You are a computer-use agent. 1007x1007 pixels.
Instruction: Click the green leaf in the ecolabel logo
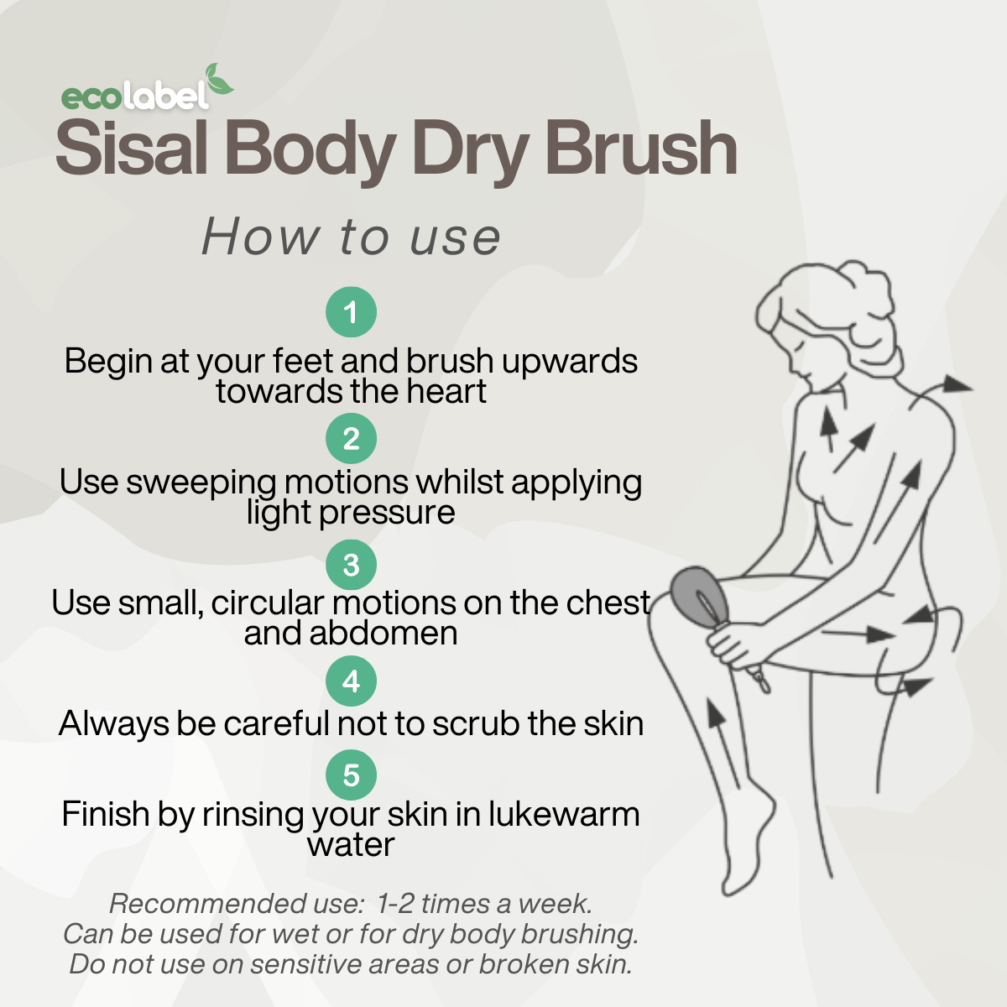(x=218, y=80)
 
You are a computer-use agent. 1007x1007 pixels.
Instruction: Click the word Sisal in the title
(x=133, y=147)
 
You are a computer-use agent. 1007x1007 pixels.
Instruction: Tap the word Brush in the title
(x=641, y=147)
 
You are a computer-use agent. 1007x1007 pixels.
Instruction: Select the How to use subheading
(x=351, y=237)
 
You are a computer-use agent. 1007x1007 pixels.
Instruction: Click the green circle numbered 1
(x=351, y=312)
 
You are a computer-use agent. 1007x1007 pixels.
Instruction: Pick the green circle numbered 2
(x=351, y=438)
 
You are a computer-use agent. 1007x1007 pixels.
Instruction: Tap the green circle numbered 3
(x=351, y=565)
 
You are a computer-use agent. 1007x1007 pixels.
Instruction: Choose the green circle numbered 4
(x=351, y=681)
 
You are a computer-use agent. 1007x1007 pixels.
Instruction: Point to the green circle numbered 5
(x=351, y=775)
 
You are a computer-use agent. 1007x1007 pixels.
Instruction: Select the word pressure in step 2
(x=387, y=514)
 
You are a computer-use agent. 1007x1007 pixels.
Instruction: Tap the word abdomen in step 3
(x=383, y=633)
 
